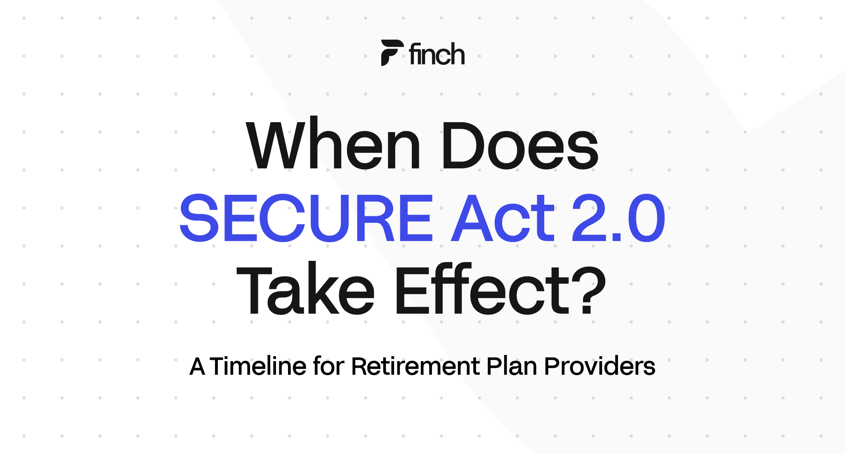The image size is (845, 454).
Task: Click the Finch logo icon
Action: pyautogui.click(x=391, y=53)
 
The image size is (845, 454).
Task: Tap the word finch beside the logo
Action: pyautogui.click(x=437, y=54)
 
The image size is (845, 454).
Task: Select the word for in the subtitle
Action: pyautogui.click(x=328, y=366)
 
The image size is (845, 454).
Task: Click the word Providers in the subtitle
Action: pyautogui.click(x=600, y=366)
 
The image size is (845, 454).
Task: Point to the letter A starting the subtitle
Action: pyautogui.click(x=197, y=366)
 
